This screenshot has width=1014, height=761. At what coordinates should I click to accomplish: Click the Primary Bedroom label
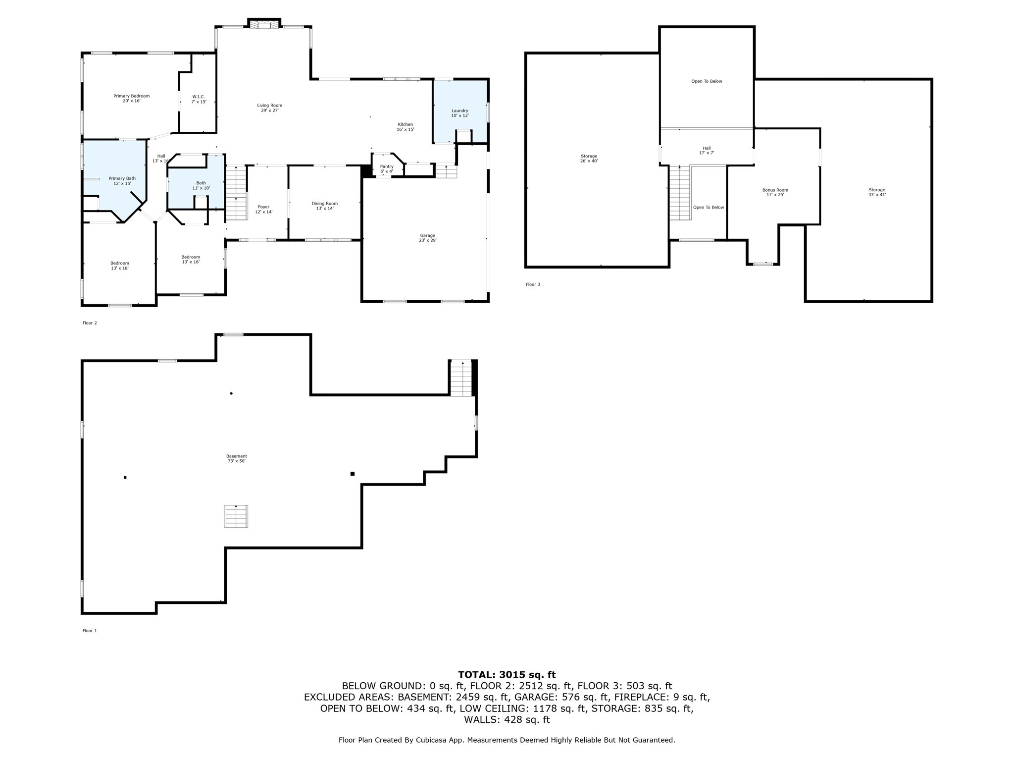click(x=131, y=98)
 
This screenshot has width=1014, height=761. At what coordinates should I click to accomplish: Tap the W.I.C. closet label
click(x=199, y=99)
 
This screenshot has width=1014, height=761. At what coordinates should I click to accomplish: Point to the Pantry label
click(x=386, y=169)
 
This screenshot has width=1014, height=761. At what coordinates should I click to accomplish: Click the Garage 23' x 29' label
click(x=427, y=238)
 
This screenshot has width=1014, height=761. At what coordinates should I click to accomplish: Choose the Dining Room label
click(x=324, y=206)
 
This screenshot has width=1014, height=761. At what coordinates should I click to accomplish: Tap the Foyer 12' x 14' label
click(x=263, y=209)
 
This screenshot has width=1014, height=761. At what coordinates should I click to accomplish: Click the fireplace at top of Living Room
click(x=264, y=25)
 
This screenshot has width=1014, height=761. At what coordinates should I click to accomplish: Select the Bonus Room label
click(x=775, y=192)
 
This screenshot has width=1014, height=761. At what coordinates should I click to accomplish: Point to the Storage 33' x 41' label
click(x=876, y=192)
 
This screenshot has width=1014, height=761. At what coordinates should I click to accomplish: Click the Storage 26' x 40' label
click(x=589, y=159)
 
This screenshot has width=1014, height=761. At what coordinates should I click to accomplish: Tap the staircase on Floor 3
click(x=680, y=193)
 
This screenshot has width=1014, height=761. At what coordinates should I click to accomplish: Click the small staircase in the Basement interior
click(x=236, y=516)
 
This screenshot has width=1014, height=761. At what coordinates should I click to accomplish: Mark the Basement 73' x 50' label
click(x=236, y=458)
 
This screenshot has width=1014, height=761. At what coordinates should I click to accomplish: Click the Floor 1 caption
click(x=90, y=631)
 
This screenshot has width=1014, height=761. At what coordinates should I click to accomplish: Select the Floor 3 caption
click(x=533, y=284)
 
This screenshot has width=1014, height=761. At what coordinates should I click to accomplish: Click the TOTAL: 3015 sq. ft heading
click(x=507, y=675)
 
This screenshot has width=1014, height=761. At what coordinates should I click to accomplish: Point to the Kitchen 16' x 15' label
click(x=405, y=127)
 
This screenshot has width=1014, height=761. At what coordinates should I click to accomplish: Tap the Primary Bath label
click(x=122, y=181)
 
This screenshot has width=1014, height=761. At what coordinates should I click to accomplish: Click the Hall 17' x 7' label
click(x=706, y=150)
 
